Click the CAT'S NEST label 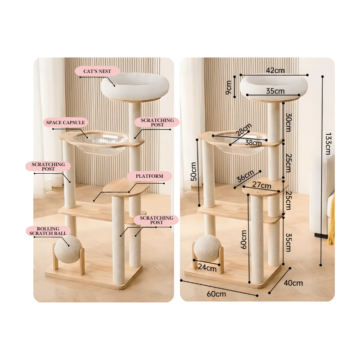[97, 71]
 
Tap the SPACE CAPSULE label [65, 122]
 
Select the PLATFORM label [149, 176]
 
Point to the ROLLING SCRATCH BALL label [48, 231]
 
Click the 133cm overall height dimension [328, 144]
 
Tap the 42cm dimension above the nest [275, 70]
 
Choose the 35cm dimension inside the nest [275, 91]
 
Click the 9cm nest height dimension [229, 87]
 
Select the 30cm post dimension [288, 122]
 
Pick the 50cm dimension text [193, 171]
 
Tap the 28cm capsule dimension [243, 130]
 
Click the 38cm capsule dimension [253, 143]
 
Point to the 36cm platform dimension [245, 176]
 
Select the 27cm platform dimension [261, 184]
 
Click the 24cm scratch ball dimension [207, 267]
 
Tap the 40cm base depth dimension [293, 283]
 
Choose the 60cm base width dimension [216, 294]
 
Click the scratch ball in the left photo [68, 249]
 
